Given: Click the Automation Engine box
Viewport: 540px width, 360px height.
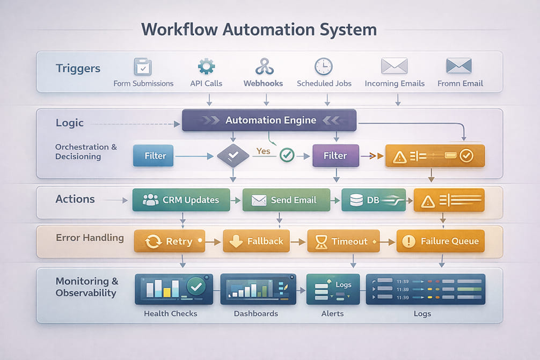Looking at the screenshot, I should (x=269, y=120).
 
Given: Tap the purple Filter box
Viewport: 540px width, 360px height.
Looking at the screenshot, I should (x=335, y=156).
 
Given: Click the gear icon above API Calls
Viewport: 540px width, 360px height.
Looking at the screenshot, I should (x=206, y=67).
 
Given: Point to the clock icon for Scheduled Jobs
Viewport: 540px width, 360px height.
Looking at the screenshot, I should (x=323, y=67).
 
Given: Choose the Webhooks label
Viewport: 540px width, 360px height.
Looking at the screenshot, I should (x=263, y=84).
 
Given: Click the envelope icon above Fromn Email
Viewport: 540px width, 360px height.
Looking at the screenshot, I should (x=459, y=67).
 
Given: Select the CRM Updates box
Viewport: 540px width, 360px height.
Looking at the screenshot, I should (x=181, y=200).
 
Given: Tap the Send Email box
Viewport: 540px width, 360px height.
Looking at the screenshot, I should (x=286, y=200).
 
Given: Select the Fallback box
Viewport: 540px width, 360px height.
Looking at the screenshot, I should (x=256, y=241).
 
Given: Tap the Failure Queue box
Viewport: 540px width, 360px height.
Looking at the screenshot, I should (x=440, y=241).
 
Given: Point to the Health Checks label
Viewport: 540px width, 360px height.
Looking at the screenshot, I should (x=171, y=313).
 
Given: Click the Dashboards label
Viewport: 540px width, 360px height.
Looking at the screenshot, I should (x=256, y=313).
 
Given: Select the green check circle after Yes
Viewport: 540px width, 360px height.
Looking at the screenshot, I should (x=287, y=156).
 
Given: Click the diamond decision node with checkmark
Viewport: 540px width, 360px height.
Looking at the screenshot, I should (x=233, y=156).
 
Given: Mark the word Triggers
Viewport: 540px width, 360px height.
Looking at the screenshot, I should (x=78, y=69).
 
